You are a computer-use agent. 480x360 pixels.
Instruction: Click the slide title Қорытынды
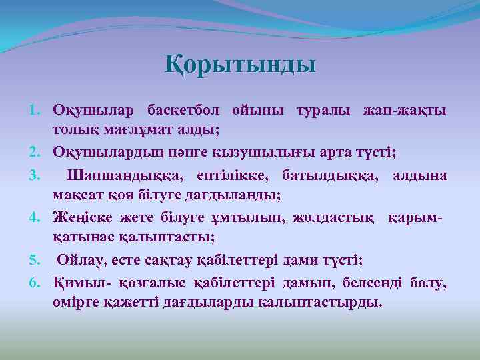[240, 65]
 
